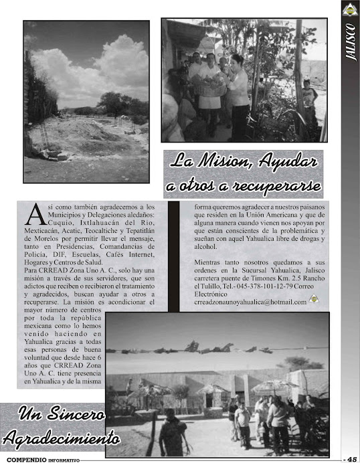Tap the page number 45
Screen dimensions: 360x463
click(351, 458)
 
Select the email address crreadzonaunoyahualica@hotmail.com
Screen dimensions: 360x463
click(250, 302)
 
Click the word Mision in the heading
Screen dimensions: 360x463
click(224, 161)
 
